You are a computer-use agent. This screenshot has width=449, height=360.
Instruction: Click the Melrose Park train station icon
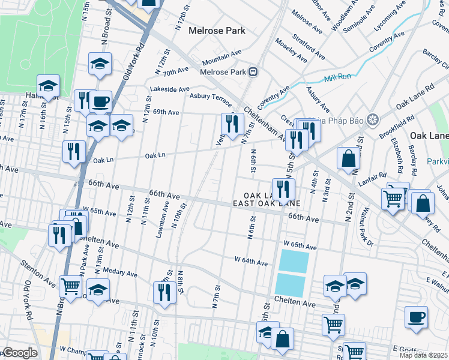coord(253,72)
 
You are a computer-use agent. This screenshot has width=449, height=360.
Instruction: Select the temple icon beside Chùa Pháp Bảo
coord(372,118)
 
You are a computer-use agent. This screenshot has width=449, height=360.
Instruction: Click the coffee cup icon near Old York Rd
coord(100,101)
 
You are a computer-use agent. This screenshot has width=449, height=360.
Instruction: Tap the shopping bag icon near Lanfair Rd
coord(348,159)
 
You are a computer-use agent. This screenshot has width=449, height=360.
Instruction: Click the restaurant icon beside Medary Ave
coord(164,292)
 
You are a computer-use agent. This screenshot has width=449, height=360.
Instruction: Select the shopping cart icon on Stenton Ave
coord(71,286)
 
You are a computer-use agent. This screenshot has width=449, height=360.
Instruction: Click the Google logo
coord(19,353)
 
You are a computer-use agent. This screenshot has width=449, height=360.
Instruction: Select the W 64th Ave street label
coord(250,262)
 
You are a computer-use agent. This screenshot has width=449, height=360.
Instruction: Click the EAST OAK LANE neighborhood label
coord(267,204)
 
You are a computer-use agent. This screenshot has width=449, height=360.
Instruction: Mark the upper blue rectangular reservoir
coord(294,261)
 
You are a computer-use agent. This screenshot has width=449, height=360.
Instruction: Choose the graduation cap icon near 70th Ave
coord(100,64)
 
